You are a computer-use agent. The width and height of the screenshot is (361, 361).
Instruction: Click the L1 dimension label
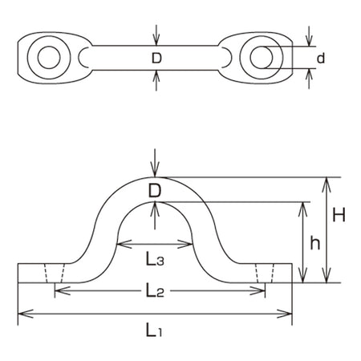click(x=154, y=330)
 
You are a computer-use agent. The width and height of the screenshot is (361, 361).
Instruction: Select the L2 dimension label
click(x=155, y=290)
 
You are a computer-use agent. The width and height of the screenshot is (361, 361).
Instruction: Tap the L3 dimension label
click(x=155, y=259)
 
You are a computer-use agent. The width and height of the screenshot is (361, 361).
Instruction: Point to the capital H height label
click(x=339, y=214)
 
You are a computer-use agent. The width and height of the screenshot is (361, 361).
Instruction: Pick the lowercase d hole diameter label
click(x=321, y=58)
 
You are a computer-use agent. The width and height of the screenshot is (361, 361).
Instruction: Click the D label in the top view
click(x=156, y=58)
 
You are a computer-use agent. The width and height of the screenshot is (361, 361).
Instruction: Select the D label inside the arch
click(x=155, y=191)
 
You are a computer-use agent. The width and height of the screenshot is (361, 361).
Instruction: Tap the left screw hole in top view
click(x=49, y=57)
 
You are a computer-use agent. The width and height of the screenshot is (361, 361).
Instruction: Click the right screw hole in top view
click(x=262, y=57)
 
